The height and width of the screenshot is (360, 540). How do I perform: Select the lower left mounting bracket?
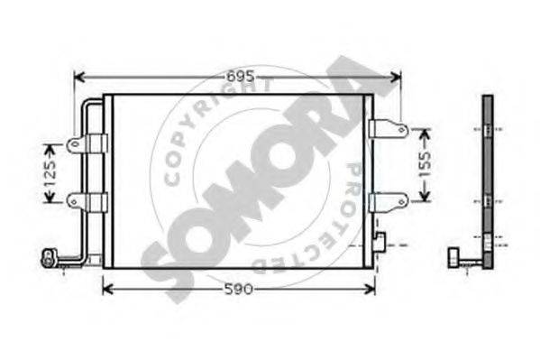coord(88,200)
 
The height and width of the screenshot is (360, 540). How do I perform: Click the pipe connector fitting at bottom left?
coord(48,259)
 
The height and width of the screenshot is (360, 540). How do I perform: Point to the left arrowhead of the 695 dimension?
coord(78,78)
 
